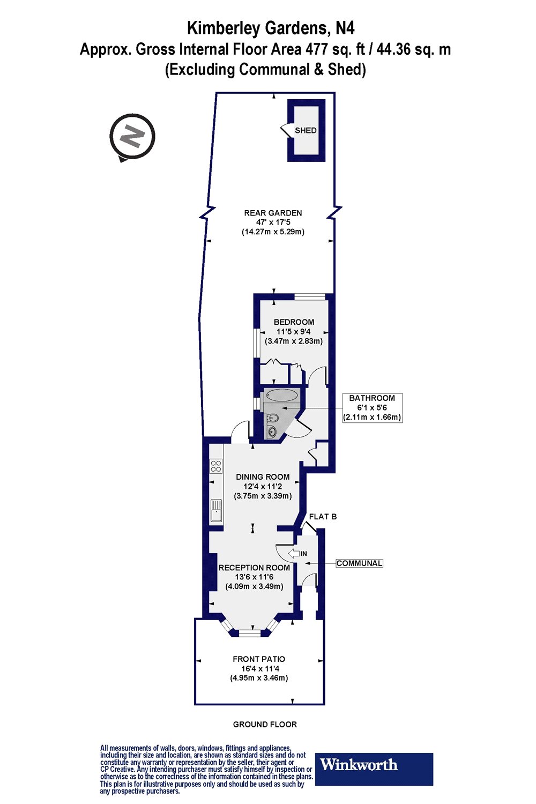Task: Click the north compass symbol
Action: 132,137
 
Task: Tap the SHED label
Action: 306,130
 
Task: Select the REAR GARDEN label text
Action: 273,213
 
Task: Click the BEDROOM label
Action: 294,322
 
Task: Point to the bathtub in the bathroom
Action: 281,396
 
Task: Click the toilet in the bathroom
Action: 272,418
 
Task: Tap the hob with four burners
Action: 216,466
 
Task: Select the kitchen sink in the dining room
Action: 216,510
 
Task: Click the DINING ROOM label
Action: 263,477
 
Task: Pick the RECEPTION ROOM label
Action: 254,568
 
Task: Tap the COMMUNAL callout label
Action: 359,563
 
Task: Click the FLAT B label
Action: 323,517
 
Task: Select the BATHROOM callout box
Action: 372,407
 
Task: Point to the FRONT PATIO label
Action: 259,659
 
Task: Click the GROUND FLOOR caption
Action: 265,724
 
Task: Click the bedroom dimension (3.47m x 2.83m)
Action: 294,341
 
